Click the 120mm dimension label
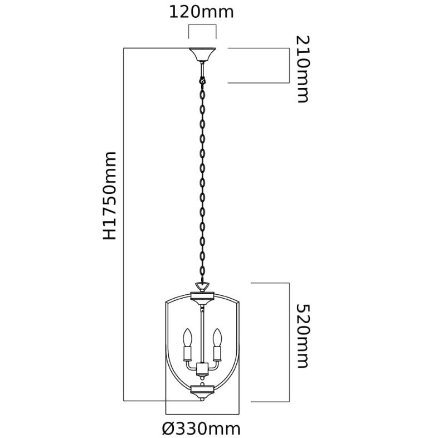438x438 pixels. coord(201,12)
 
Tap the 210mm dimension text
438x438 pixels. coord(303,69)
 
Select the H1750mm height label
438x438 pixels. coord(109,196)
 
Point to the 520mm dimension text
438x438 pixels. coord(303,336)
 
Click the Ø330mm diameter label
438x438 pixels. coord(201,429)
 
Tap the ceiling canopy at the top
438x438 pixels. coord(202,55)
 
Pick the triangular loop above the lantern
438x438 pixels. coord(202,287)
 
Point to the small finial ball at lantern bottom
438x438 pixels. coord(202,400)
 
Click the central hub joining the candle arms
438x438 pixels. coord(202,369)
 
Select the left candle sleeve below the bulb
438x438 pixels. coord(187,353)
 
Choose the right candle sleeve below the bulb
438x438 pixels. coord(217,353)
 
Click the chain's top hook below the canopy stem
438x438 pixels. coord(202,80)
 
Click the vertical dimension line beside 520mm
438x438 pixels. coord(289,343)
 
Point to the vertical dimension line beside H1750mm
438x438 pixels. coord(124,225)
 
